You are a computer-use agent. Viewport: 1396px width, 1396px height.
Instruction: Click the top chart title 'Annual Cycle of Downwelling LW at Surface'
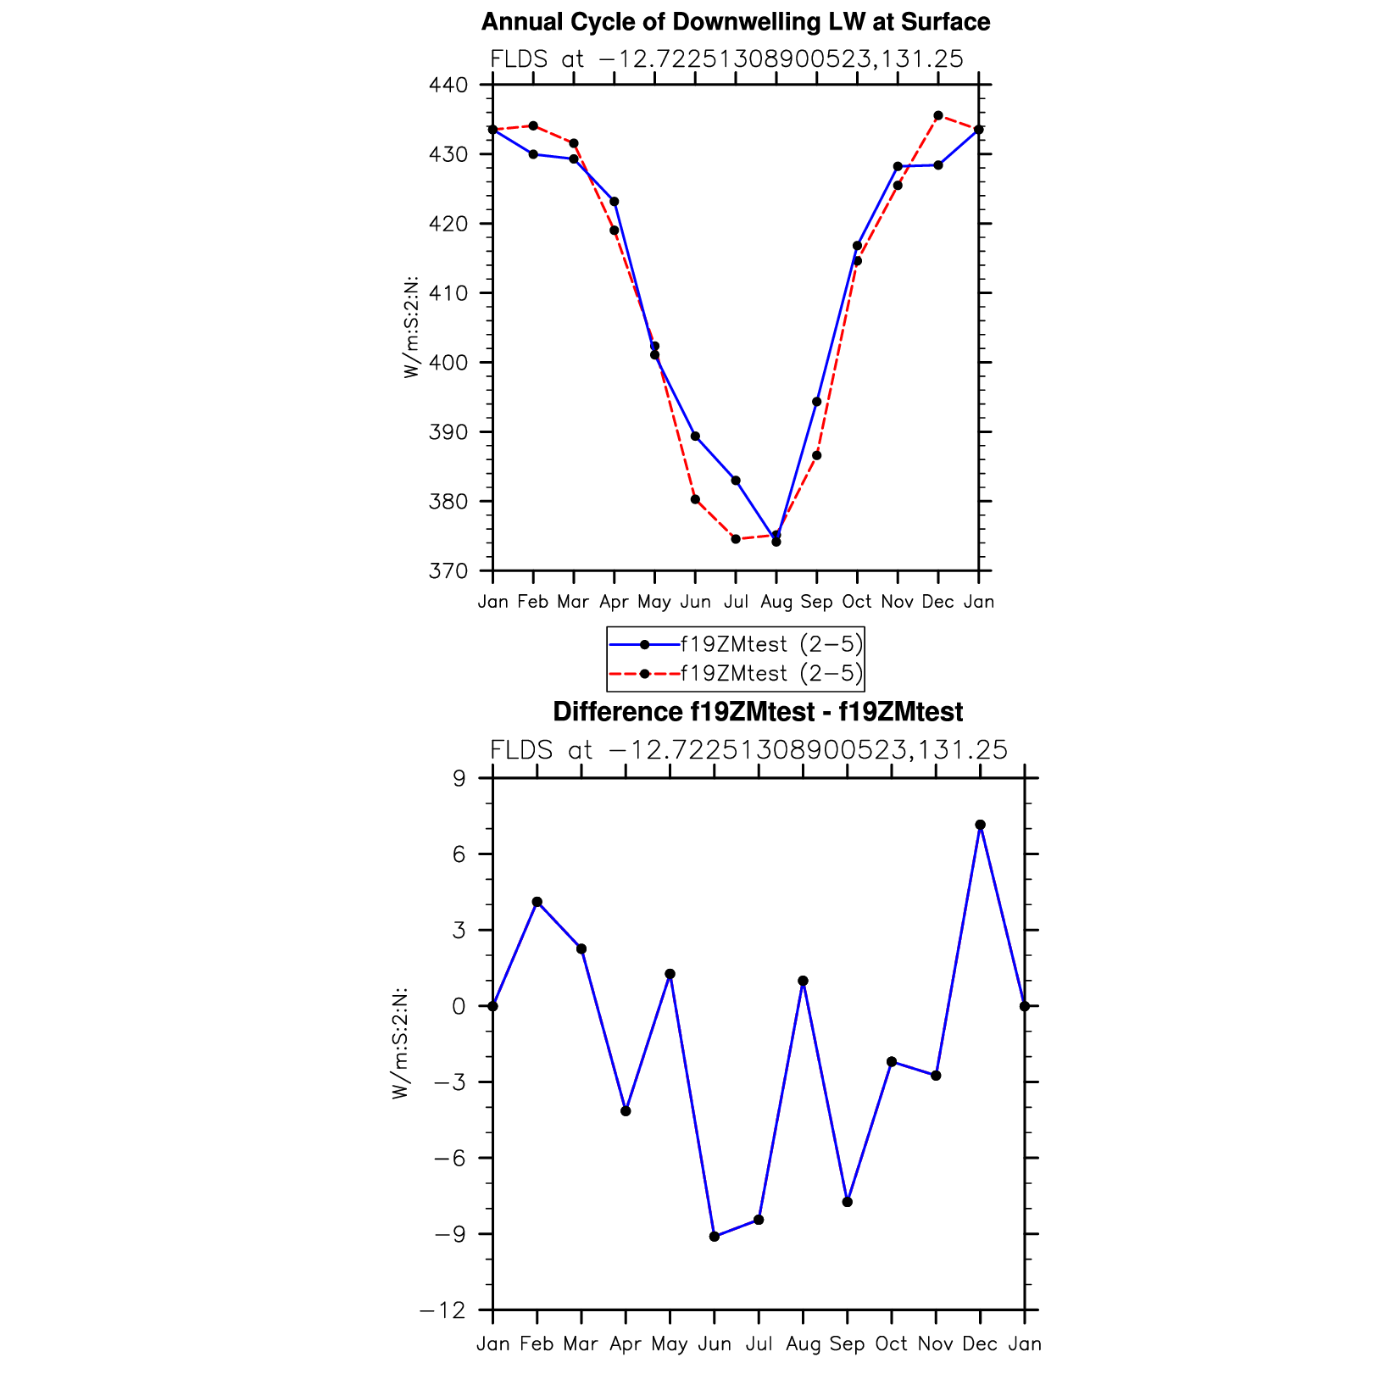(x=735, y=22)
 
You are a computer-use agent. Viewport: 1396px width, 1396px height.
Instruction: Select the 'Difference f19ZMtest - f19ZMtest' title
(x=757, y=712)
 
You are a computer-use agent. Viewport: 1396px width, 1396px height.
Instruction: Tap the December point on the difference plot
(x=980, y=825)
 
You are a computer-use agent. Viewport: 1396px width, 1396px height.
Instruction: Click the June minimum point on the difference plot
(x=715, y=1237)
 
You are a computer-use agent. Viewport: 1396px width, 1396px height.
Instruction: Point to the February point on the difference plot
(x=537, y=902)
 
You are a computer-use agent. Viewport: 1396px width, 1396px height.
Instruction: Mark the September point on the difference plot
(x=848, y=1202)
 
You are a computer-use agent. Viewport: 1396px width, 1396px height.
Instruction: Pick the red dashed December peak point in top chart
(x=938, y=115)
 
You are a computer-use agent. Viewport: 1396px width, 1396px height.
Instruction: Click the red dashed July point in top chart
(x=736, y=539)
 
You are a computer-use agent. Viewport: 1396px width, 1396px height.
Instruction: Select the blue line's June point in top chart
(x=695, y=437)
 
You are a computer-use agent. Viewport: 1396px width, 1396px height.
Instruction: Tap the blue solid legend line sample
(x=644, y=645)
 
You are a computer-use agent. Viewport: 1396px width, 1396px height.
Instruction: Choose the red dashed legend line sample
(x=644, y=674)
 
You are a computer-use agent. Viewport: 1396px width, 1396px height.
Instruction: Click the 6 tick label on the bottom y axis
(x=459, y=854)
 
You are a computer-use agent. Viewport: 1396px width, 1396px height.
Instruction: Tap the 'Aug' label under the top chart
(x=776, y=602)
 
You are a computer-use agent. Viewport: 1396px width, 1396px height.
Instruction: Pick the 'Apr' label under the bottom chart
(x=626, y=1344)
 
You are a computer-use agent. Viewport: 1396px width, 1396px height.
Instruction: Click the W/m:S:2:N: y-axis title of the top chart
(x=412, y=327)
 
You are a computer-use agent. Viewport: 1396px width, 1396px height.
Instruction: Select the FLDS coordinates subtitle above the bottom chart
(x=748, y=751)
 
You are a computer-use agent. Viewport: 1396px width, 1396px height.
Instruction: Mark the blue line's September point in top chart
(x=816, y=402)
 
